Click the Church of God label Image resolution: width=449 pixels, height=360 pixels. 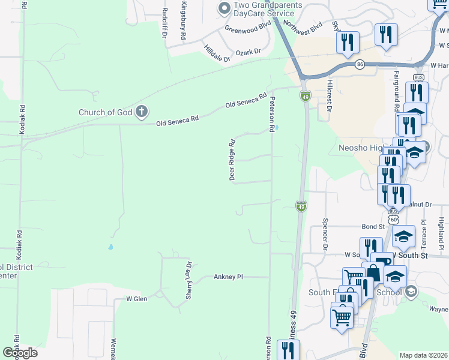(x=106, y=112)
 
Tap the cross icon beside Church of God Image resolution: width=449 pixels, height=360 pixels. (x=142, y=111)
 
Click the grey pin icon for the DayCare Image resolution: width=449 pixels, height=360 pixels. (x=224, y=8)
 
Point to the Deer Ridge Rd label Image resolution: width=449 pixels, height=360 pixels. (x=232, y=159)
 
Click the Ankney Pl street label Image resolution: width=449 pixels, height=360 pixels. (x=228, y=277)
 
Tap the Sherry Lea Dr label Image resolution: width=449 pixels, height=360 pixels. (x=188, y=272)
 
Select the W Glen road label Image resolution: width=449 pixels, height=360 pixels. (x=136, y=298)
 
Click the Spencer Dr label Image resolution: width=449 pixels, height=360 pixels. (x=325, y=238)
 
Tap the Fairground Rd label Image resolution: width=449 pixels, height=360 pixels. (x=397, y=92)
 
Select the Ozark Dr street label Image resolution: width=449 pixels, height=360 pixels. (x=249, y=52)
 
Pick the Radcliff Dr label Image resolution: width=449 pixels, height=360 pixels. (x=164, y=22)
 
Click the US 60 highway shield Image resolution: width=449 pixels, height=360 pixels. (x=393, y=220)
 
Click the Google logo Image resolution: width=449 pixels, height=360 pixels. (x=20, y=353)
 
